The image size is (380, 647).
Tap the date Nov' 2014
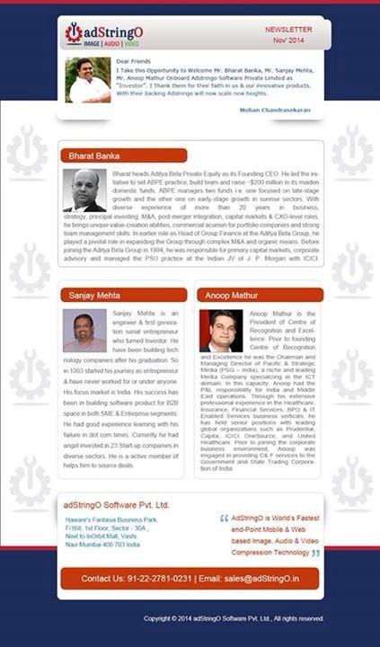click(289, 41)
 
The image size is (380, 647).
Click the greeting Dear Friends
click(135, 60)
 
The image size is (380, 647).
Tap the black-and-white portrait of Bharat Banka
click(85, 191)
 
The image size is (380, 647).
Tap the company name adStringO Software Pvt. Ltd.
click(116, 505)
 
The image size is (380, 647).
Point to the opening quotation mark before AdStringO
click(224, 519)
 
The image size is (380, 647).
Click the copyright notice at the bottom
click(233, 619)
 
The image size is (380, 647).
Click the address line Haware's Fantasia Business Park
click(111, 520)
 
